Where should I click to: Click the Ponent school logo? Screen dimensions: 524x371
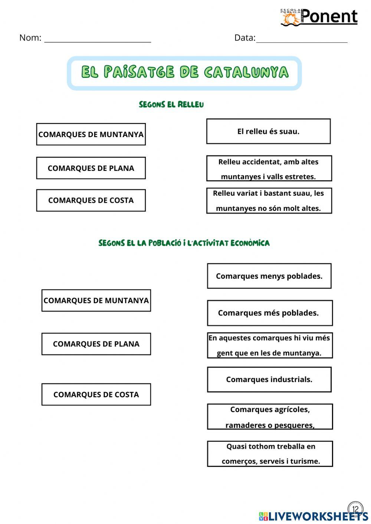[319, 17]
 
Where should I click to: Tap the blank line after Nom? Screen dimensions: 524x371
[98, 39]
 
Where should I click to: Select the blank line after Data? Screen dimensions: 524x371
[302, 39]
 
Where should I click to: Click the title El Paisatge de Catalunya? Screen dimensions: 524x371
[184, 73]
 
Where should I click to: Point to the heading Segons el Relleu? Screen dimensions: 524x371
[171, 105]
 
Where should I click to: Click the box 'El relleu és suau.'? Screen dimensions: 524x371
[268, 131]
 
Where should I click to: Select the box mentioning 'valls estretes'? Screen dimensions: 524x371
[269, 169]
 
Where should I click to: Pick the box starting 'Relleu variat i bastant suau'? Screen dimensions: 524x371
[269, 200]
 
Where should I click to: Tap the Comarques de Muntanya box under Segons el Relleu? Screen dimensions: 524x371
[91, 134]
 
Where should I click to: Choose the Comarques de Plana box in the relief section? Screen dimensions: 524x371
[91, 168]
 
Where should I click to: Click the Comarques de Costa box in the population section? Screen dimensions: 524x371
[96, 394]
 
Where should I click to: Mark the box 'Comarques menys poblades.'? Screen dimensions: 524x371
[269, 276]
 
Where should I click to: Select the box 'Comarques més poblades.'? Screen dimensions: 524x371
[269, 313]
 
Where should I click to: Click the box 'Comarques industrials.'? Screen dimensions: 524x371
[269, 379]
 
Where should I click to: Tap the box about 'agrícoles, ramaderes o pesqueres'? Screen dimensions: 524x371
[270, 417]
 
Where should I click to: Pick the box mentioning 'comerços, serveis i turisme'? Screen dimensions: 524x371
[270, 454]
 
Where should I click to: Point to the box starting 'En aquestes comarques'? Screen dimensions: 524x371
[269, 345]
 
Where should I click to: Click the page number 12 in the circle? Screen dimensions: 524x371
[355, 509]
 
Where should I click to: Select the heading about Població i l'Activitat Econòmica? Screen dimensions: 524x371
[184, 243]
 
